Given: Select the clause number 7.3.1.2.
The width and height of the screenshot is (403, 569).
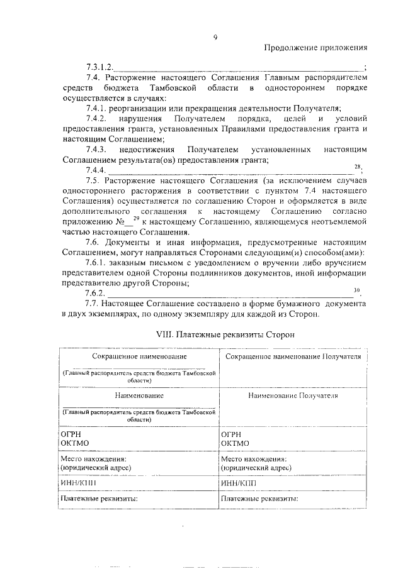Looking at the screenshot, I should click(99, 67).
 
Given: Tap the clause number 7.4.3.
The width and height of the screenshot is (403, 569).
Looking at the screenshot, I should click(99, 150).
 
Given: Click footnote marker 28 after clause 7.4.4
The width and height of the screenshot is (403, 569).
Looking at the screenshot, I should click(357, 167).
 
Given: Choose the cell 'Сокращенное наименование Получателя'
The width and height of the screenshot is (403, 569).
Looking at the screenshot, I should click(293, 356).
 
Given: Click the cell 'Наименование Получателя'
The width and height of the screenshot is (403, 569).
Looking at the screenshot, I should click(293, 397).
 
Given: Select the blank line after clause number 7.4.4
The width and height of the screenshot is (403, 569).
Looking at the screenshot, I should click(230, 170).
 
